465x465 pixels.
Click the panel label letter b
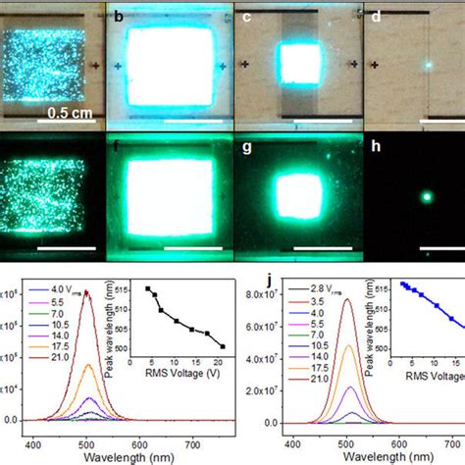point(119,15)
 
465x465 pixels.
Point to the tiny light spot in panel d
point(428,64)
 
